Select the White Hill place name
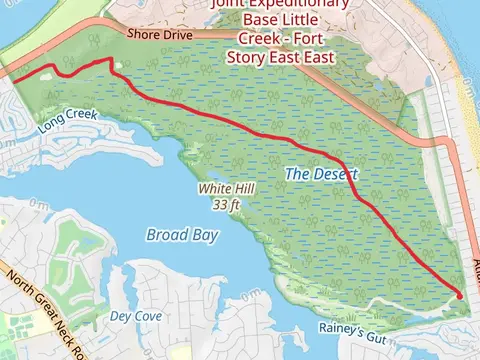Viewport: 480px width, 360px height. [221, 188]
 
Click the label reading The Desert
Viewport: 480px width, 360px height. [321, 174]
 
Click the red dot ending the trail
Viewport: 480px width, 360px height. [459, 295]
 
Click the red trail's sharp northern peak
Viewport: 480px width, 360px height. [108, 60]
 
